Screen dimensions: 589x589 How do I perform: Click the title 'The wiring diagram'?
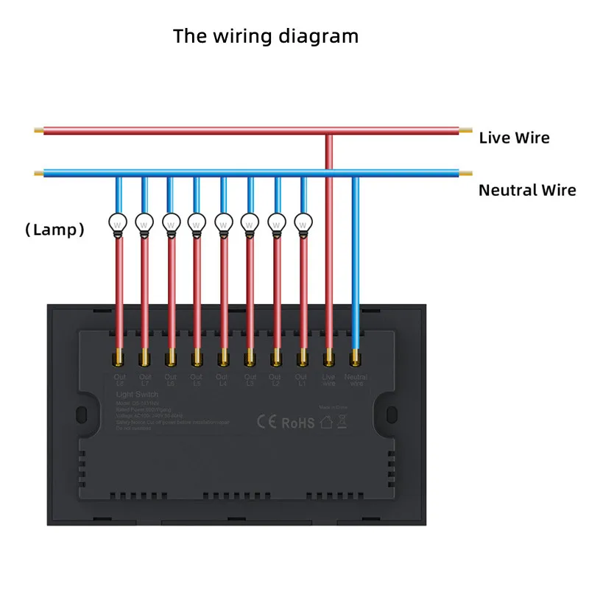tap(266, 36)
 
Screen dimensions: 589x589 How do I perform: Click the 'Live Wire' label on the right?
tap(514, 138)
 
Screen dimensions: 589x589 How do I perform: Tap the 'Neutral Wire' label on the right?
tap(527, 191)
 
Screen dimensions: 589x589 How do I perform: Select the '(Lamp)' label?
tap(55, 230)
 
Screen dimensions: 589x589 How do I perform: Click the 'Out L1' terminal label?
tap(302, 380)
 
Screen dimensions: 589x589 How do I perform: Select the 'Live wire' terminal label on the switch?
tap(329, 380)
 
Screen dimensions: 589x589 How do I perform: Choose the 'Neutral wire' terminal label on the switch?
tap(356, 380)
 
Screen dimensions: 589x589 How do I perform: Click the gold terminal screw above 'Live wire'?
tap(329, 359)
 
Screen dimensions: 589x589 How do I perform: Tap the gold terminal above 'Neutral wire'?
tap(356, 359)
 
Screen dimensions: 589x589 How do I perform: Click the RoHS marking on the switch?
tap(297, 423)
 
